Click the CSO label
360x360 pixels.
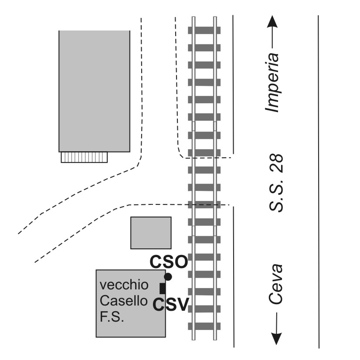click(169, 262)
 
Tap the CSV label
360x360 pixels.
click(170, 304)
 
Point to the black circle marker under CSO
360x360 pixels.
click(168, 277)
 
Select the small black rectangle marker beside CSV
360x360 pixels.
click(163, 289)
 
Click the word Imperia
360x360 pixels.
click(272, 83)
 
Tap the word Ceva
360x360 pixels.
click(276, 284)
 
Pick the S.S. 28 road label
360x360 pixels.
click(276, 183)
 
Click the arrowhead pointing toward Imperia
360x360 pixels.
click(272, 22)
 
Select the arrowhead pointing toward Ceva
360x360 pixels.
click(276, 338)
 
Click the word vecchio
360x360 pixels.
click(124, 285)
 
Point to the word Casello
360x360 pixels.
click(123, 301)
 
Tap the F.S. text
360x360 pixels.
click(112, 316)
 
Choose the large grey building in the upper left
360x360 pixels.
click(95, 91)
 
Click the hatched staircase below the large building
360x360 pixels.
click(84, 157)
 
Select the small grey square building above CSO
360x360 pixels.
click(151, 233)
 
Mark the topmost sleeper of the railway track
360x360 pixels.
click(204, 31)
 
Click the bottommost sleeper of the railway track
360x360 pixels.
click(204, 326)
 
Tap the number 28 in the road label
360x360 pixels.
click(276, 163)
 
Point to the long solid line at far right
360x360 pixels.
click(319, 182)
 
